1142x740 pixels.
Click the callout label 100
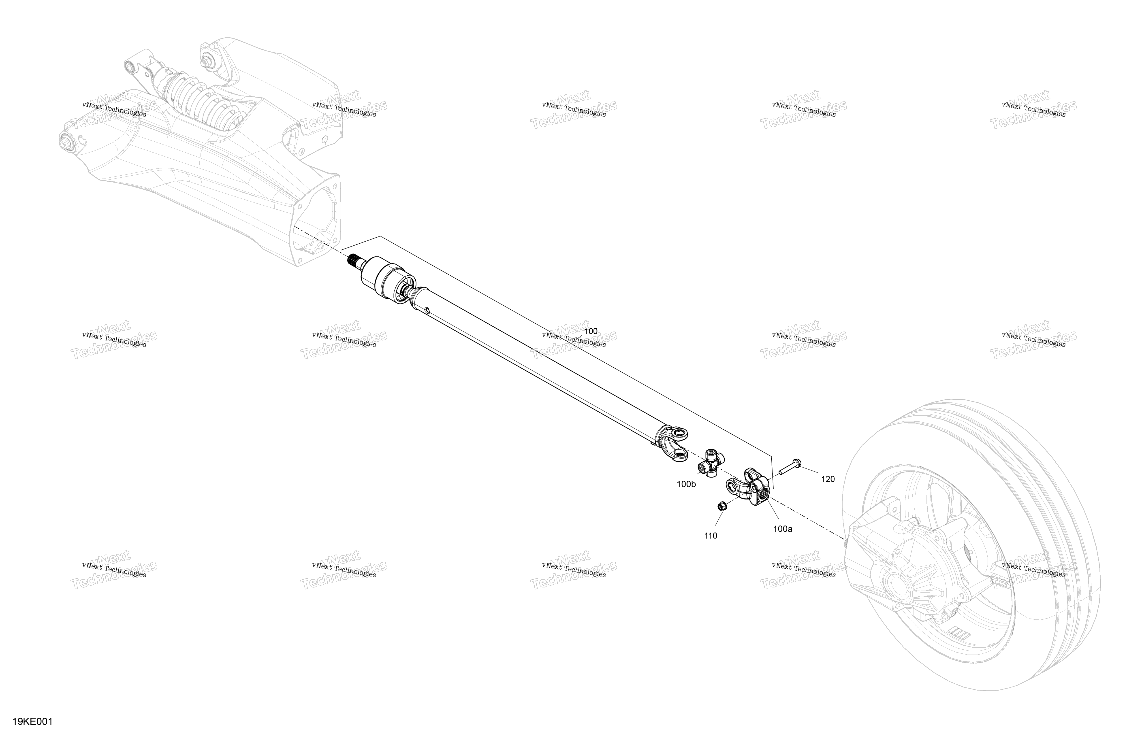(x=591, y=331)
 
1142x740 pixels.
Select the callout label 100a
(x=783, y=529)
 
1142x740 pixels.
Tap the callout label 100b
(x=686, y=484)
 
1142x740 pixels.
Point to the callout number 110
(x=711, y=536)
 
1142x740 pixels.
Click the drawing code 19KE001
(x=33, y=722)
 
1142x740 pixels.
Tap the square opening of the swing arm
(x=314, y=223)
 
